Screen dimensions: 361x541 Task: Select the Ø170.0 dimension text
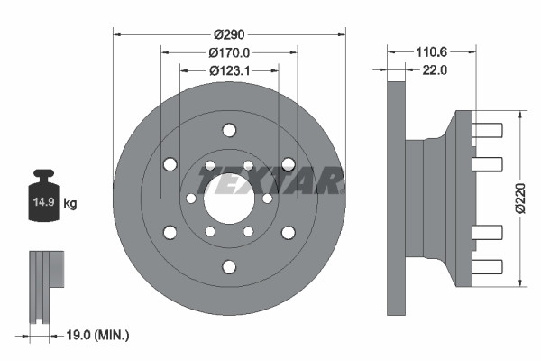(x=229, y=52)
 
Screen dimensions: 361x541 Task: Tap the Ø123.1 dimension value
(x=229, y=69)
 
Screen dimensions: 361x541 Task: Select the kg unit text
(x=70, y=204)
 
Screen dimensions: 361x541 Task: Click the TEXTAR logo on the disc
(x=270, y=183)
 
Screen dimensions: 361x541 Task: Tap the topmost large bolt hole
(x=229, y=129)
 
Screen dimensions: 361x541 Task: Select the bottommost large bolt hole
(x=229, y=266)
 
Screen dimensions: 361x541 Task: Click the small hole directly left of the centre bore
(x=190, y=199)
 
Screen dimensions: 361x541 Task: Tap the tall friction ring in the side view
(x=396, y=198)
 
